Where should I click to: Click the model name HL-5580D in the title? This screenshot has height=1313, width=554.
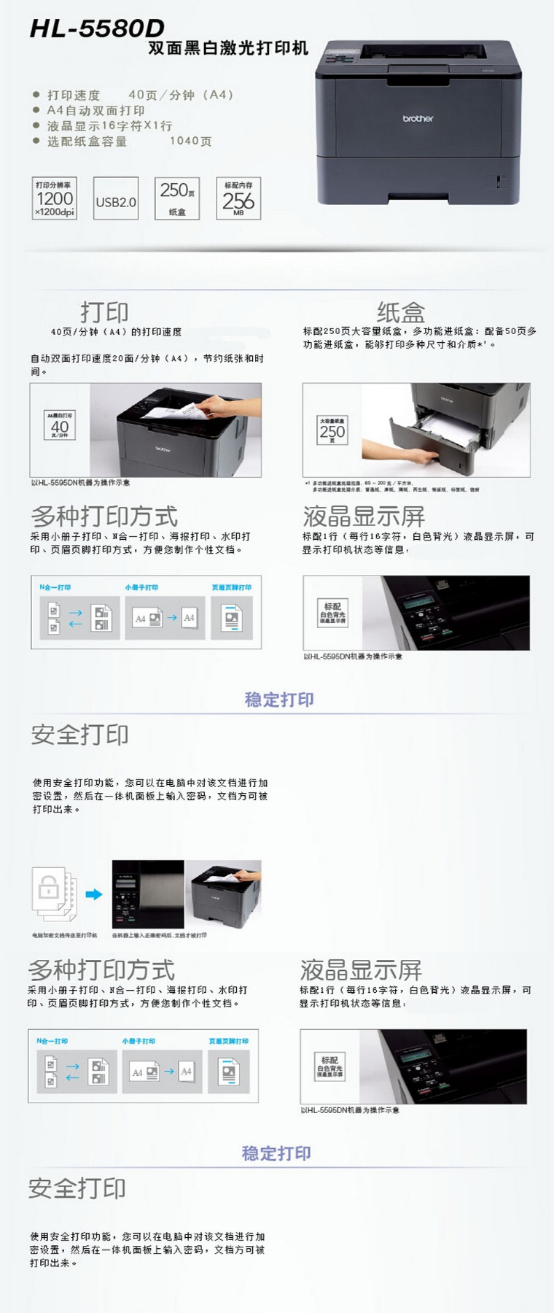[x=97, y=28]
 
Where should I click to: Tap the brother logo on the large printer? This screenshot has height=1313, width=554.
[x=418, y=118]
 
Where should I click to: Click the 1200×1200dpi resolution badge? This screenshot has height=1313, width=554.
[x=55, y=198]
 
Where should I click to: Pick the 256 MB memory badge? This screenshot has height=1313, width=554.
[x=238, y=198]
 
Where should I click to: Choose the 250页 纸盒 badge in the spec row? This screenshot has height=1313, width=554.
[x=177, y=198]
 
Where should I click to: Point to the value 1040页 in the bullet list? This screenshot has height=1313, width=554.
[x=190, y=141]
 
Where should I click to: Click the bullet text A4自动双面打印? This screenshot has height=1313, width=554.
[x=95, y=110]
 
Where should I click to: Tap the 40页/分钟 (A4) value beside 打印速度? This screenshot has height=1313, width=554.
[x=181, y=95]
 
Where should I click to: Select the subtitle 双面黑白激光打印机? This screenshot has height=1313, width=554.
[x=228, y=49]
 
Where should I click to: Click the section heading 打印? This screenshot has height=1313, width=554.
[x=104, y=312]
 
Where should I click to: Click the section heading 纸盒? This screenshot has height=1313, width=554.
[x=400, y=312]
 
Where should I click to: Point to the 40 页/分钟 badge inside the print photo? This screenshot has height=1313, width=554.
[x=60, y=425]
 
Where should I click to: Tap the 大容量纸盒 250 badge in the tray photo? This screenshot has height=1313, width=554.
[x=332, y=430]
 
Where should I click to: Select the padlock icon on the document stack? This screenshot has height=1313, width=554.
[x=49, y=888]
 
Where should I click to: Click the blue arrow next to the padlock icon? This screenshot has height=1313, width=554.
[x=94, y=894]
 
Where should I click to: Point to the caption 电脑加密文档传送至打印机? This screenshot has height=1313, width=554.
[x=64, y=935]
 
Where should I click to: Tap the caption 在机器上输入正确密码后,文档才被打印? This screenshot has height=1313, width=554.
[x=159, y=935]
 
